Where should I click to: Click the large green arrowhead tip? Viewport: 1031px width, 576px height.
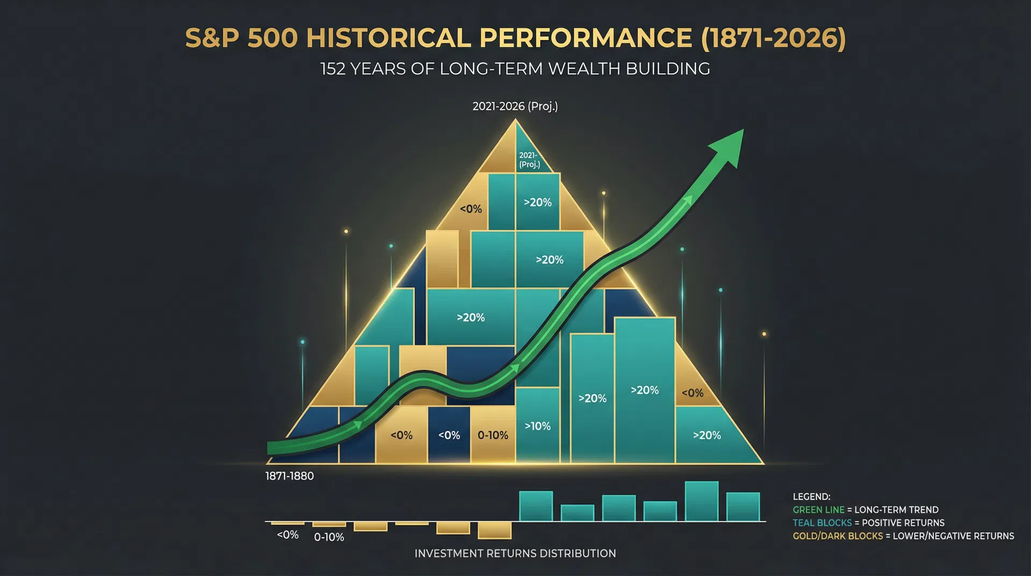742,130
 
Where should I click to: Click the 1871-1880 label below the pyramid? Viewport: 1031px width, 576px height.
289,476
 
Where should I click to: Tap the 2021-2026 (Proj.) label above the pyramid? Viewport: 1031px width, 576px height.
515,106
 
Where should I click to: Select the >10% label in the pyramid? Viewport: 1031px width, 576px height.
538,426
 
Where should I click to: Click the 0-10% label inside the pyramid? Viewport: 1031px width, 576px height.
492,435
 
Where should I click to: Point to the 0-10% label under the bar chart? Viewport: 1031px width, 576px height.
329,537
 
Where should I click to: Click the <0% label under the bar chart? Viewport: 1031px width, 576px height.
287,535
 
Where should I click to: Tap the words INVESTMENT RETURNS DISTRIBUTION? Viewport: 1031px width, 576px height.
515,553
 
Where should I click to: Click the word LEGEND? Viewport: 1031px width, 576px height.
811,496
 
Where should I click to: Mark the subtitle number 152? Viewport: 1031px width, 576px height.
332,69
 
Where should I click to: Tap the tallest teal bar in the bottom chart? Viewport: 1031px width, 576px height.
701,501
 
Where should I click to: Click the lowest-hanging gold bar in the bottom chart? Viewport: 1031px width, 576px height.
494,530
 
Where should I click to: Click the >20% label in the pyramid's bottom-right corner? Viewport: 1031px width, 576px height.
707,435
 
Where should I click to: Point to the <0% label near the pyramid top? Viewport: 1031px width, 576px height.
470,209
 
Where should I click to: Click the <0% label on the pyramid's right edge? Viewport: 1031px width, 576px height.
692,393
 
